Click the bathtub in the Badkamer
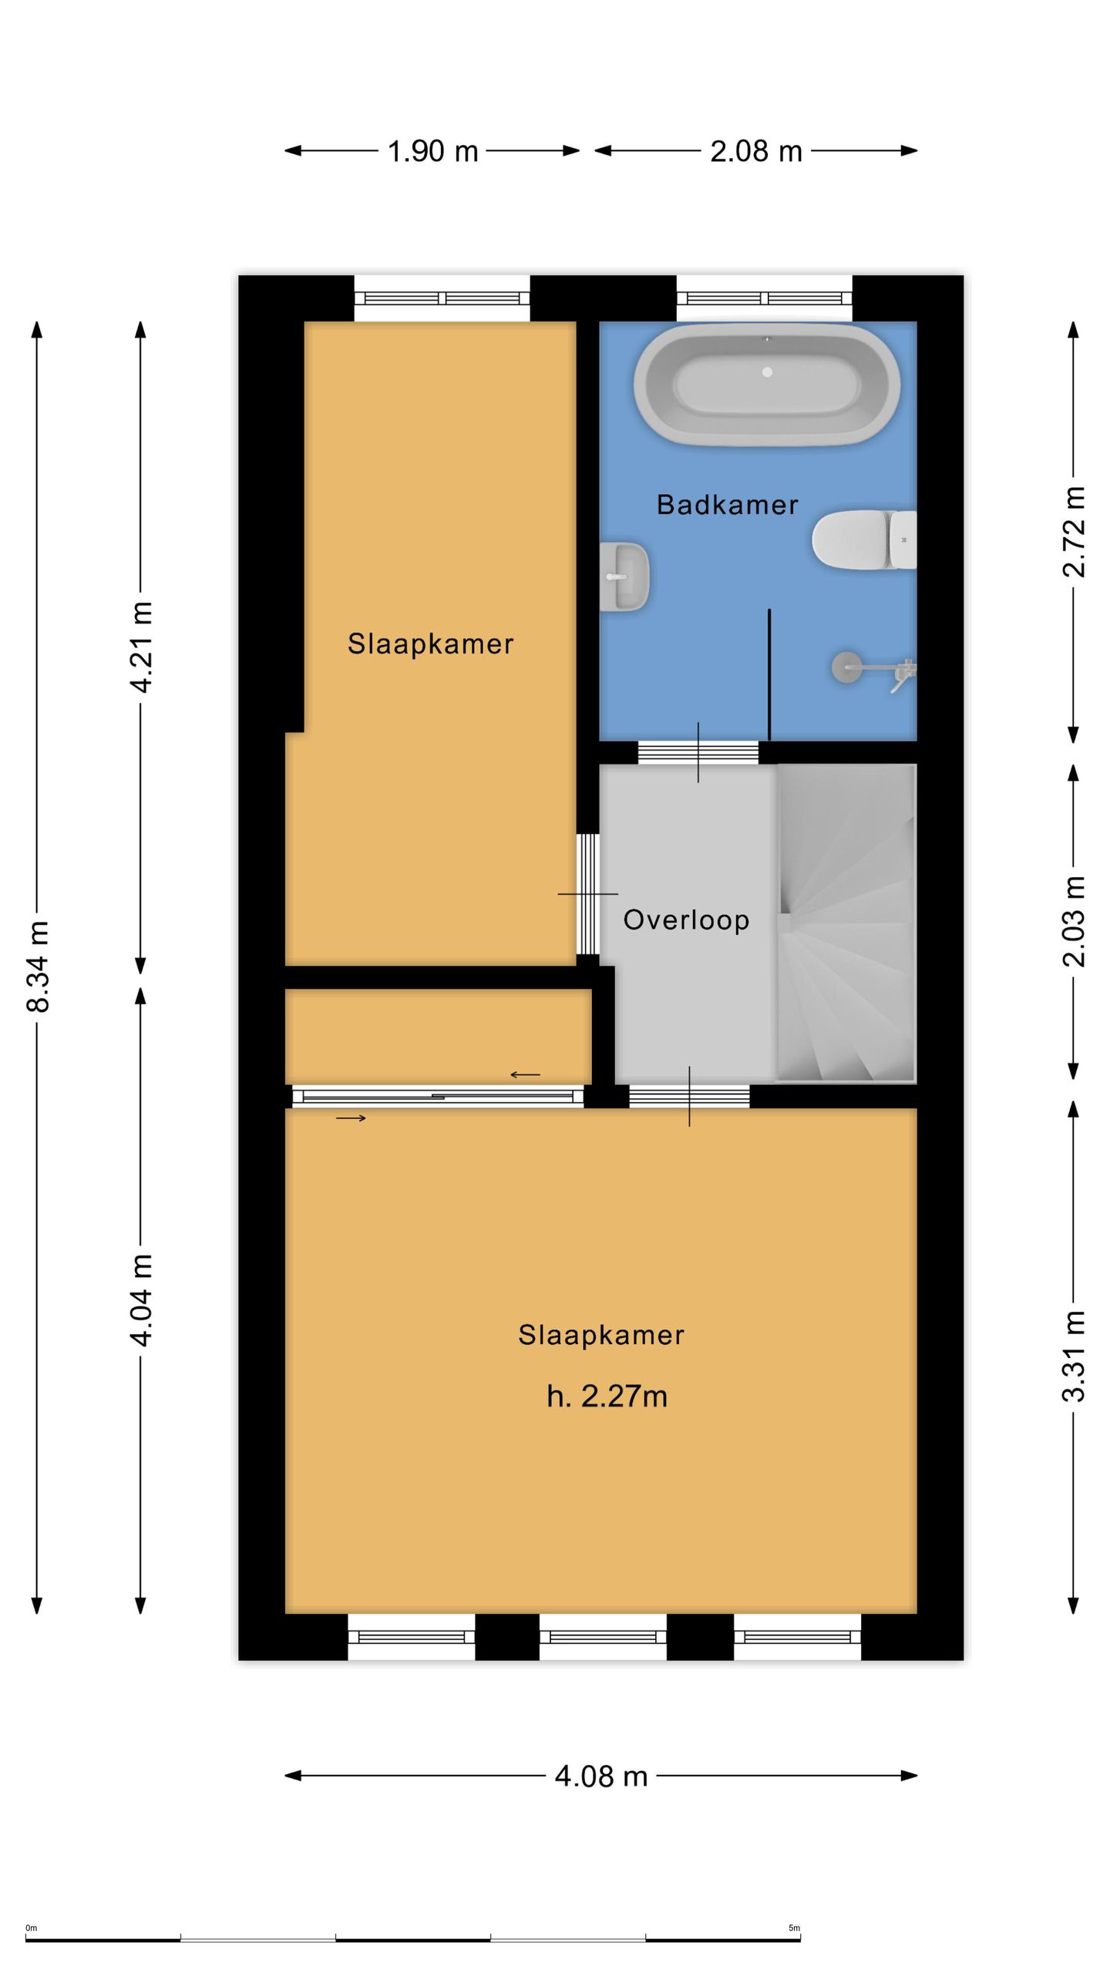766,383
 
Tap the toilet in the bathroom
864,540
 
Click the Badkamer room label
727,505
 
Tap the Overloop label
686,919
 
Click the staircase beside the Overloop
846,923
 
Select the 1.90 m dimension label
432,151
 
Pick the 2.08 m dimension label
756,151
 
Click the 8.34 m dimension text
37,966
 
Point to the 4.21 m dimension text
141,647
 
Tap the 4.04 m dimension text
141,1300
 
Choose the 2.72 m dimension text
1073,532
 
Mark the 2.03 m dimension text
1073,922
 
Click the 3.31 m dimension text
1073,1356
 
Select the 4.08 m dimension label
601,1776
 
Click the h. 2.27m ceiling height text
607,1397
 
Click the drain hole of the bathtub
767,372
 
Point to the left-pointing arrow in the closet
525,1074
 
